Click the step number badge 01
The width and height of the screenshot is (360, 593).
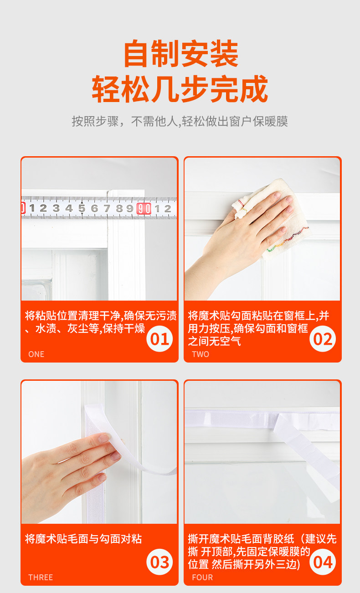coord(159,339)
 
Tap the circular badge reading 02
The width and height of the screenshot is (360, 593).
coord(322,339)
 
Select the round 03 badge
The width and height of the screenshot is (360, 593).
coord(159,562)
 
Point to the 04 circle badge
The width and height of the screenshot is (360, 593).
coord(322,562)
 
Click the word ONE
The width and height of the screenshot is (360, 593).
coord(36,354)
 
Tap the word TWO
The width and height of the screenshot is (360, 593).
coord(201,354)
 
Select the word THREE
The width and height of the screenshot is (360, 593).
coord(41,578)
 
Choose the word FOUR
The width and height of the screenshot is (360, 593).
coord(202,578)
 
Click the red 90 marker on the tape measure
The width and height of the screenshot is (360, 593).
coord(144,209)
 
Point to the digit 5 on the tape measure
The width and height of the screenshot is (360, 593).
coord(82,208)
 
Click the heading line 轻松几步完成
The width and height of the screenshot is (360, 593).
coord(180,88)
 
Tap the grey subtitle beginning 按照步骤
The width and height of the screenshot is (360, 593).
coord(180,122)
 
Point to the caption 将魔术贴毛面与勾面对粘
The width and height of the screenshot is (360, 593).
coord(83,539)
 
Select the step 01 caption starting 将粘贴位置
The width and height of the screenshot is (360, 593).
coord(101,322)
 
